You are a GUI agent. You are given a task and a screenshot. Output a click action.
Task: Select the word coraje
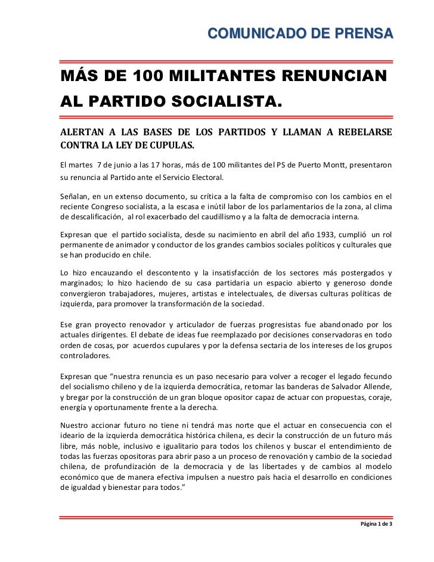coord(378,398)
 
